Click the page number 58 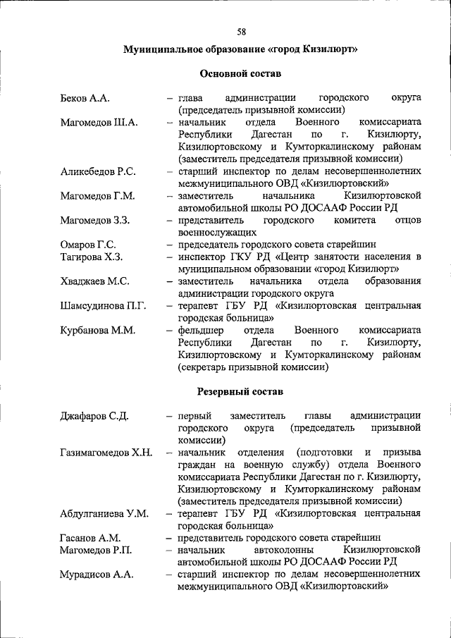pyautogui.click(x=241, y=32)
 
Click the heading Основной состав pyautogui.click(x=240, y=73)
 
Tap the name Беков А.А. pyautogui.click(x=85, y=98)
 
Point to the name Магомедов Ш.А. pyautogui.click(x=99, y=122)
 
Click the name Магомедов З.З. pyautogui.click(x=94, y=220)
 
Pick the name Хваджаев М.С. pyautogui.click(x=94, y=281)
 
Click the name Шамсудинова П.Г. pyautogui.click(x=103, y=305)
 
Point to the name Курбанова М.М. pyautogui.click(x=97, y=330)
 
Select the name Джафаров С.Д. pyautogui.click(x=94, y=415)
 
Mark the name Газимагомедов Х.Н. pyautogui.click(x=106, y=452)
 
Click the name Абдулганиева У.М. pyautogui.click(x=104, y=513)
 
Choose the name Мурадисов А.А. pyautogui.click(x=97, y=574)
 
